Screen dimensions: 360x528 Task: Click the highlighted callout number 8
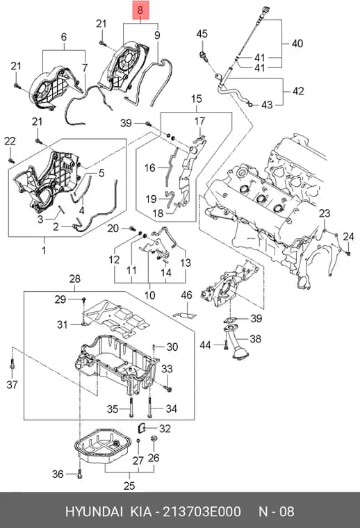[140, 10]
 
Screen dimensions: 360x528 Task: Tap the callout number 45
[202, 33]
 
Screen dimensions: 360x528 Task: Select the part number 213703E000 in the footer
[202, 511]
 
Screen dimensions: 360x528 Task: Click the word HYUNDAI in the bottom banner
[94, 511]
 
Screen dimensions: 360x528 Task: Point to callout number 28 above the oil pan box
[75, 279]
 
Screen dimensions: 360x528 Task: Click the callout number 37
[12, 384]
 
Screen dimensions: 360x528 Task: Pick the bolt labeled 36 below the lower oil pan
[79, 474]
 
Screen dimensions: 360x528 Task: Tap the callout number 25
[129, 486]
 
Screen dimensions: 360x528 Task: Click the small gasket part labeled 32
[142, 429]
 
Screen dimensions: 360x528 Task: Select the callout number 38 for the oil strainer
[255, 338]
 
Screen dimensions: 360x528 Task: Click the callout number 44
[205, 345]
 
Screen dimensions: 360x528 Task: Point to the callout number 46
[186, 295]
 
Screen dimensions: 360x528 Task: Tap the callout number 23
[325, 213]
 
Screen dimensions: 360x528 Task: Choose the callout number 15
[197, 99]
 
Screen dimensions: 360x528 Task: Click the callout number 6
[64, 37]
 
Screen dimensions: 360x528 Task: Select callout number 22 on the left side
[10, 141]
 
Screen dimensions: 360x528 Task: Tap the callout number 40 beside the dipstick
[297, 44]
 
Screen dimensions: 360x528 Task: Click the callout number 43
[267, 105]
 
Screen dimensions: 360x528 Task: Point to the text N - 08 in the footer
[276, 511]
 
